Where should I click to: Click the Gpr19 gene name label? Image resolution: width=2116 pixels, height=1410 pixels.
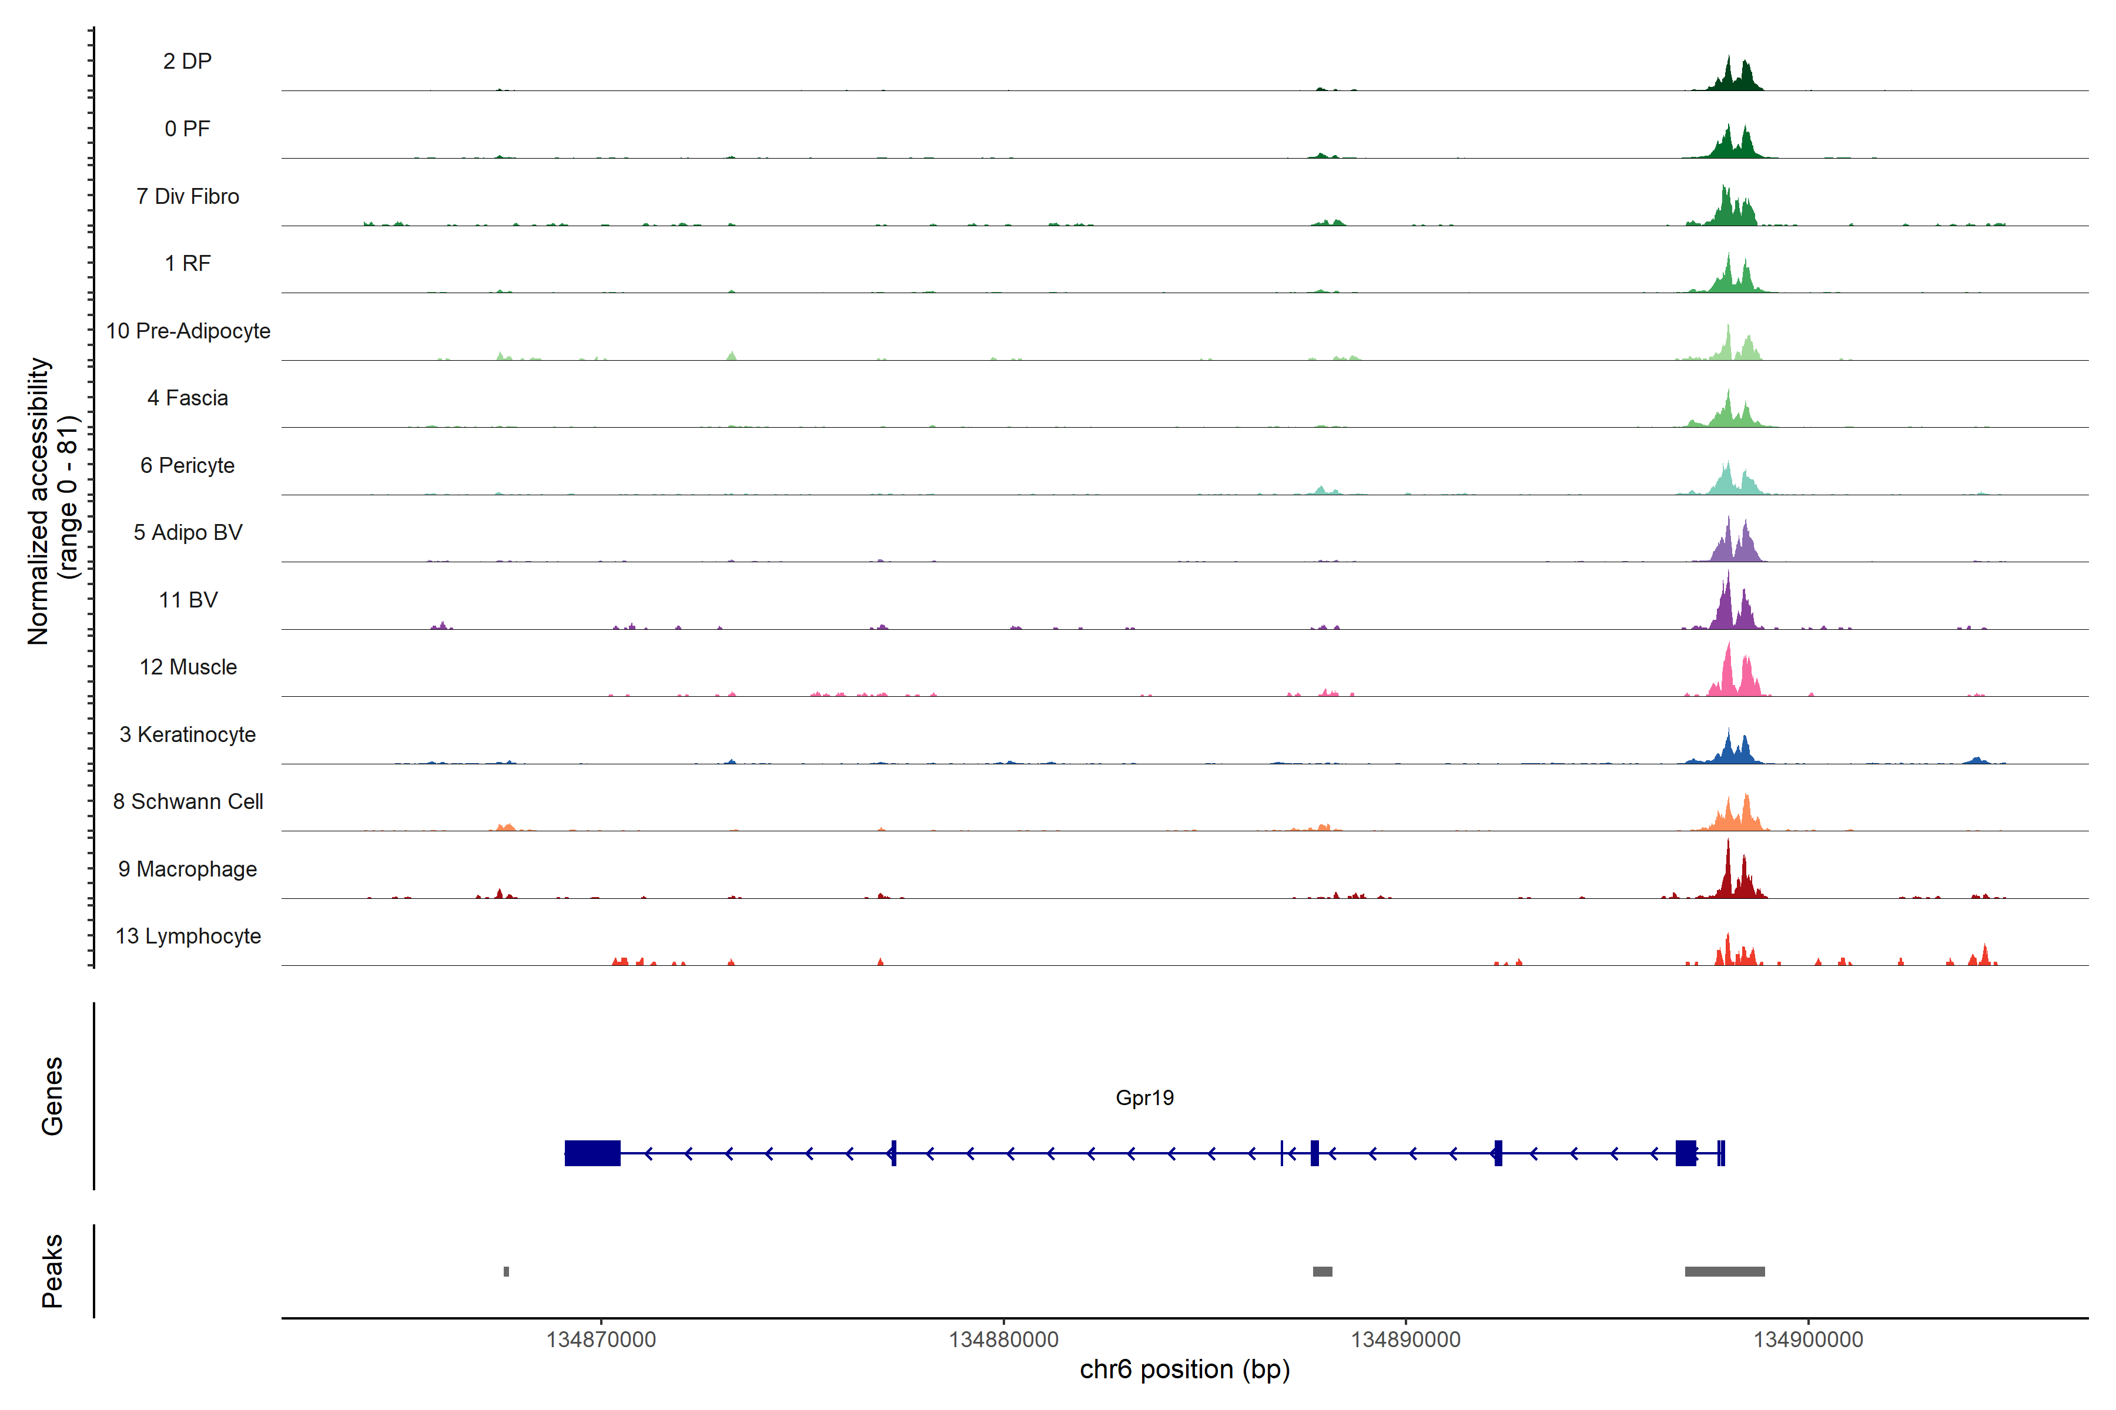1144,1098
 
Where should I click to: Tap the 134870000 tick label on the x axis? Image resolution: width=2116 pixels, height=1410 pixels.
601,1340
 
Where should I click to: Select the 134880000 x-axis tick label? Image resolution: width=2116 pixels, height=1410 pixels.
1003,1340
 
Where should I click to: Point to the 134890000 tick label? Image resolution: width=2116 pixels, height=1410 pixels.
1405,1340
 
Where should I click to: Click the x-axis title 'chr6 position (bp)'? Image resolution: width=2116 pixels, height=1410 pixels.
1184,1369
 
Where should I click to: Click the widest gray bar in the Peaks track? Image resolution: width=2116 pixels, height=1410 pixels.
1724,1271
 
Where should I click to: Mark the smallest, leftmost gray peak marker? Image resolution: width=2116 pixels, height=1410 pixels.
507,1271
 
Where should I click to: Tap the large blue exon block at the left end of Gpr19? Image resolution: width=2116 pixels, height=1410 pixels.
592,1153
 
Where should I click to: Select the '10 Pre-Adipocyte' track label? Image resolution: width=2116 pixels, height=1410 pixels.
188,331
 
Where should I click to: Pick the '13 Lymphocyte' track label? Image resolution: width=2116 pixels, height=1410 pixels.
188,936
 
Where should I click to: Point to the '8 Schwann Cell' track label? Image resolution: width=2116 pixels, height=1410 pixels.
188,801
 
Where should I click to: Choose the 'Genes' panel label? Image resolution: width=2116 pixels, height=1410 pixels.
52,1096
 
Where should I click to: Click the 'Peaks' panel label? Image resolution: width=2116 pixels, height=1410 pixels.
52,1271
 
